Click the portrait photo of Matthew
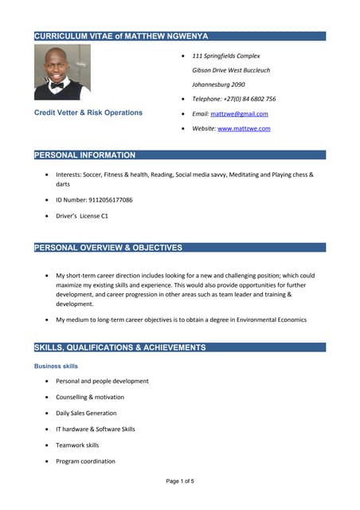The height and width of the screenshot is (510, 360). click(x=62, y=72)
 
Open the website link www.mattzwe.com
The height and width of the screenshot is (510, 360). click(x=244, y=128)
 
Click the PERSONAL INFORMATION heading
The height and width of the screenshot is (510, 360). click(x=84, y=155)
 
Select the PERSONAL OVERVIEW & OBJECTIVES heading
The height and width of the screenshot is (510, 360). click(x=108, y=248)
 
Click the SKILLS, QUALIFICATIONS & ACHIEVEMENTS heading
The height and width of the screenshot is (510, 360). click(x=119, y=348)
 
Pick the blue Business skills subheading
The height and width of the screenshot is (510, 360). click(x=56, y=366)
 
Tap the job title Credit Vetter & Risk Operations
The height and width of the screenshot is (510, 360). click(x=88, y=112)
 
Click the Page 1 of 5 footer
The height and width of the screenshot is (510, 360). click(x=180, y=481)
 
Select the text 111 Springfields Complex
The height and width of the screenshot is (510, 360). click(x=226, y=57)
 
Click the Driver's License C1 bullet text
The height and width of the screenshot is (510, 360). click(x=82, y=215)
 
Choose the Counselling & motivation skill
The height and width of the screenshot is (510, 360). click(x=90, y=397)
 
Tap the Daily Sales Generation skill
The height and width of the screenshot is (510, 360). click(x=86, y=413)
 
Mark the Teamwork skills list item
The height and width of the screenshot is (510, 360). click(x=77, y=445)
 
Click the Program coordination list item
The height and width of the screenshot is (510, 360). click(x=85, y=461)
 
